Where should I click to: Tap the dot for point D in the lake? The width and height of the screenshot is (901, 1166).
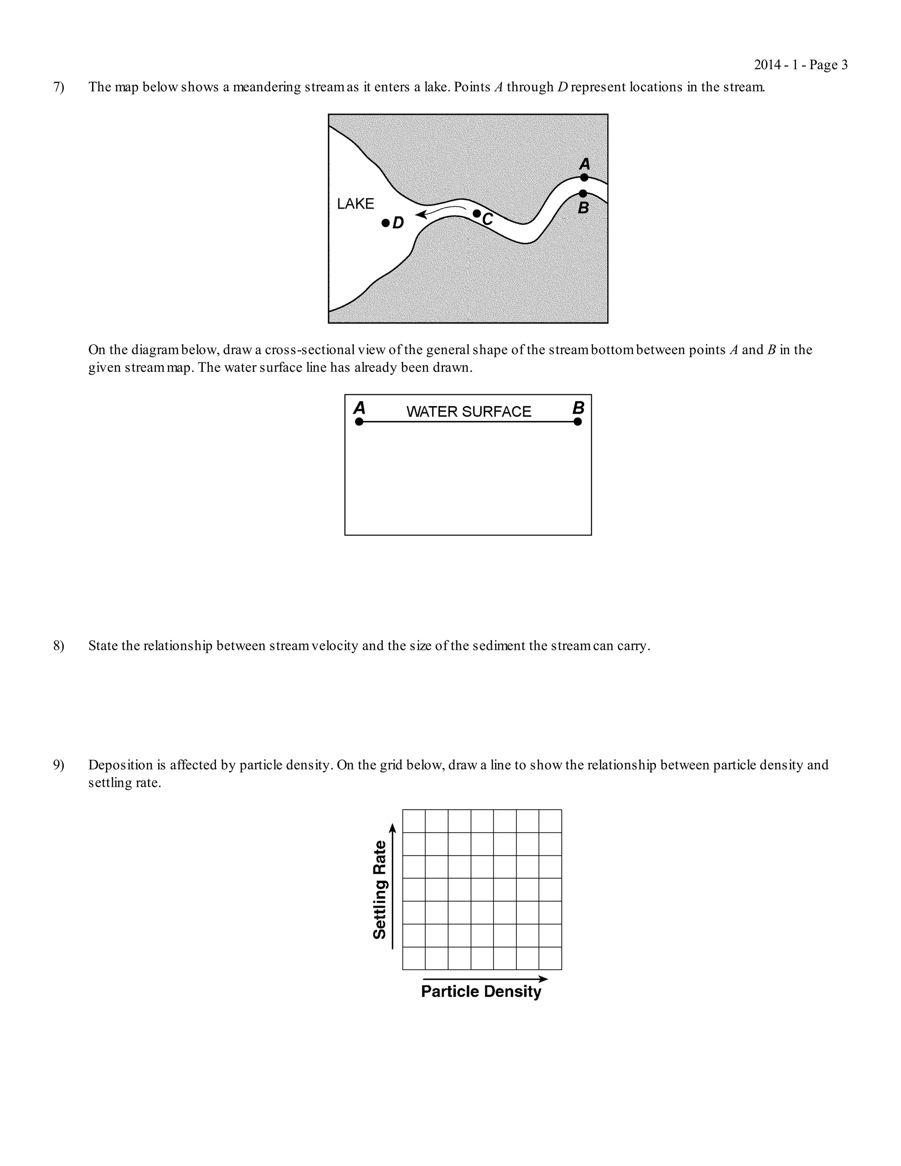385,223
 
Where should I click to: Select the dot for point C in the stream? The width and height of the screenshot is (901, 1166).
476,213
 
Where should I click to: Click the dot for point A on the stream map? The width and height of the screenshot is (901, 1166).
584,177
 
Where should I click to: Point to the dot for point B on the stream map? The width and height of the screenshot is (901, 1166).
583,193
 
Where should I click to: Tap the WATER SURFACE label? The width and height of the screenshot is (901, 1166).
469,412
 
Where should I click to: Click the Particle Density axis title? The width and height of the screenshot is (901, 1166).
481,991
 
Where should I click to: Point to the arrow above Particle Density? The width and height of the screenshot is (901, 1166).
485,979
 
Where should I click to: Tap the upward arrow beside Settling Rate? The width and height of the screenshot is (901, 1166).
393,886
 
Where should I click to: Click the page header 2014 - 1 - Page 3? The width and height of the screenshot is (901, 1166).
801,65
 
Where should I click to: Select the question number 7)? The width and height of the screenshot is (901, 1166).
58,87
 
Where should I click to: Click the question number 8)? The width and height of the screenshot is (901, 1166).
58,645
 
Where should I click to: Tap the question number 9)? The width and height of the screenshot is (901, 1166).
58,765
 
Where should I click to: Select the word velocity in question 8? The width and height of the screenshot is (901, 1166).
335,645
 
